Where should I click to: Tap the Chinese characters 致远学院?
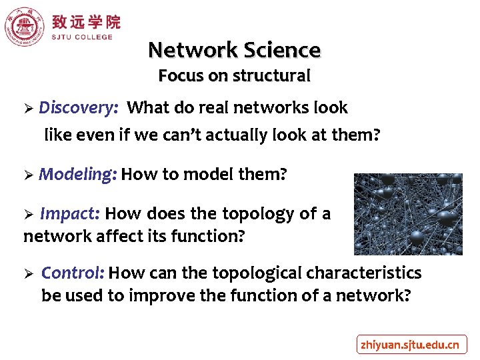pyautogui.click(x=86, y=21)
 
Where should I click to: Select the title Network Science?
pyautogui.click(x=234, y=50)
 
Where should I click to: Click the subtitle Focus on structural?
pyautogui.click(x=234, y=76)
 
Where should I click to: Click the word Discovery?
pyautogui.click(x=79, y=108)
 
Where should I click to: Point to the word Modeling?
pyautogui.click(x=78, y=175)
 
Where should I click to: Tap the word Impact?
pyautogui.click(x=70, y=214)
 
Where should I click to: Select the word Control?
pyautogui.click(x=73, y=273)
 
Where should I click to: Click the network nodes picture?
pyautogui.click(x=398, y=214)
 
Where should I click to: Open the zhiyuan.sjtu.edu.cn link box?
pyautogui.click(x=410, y=345)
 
